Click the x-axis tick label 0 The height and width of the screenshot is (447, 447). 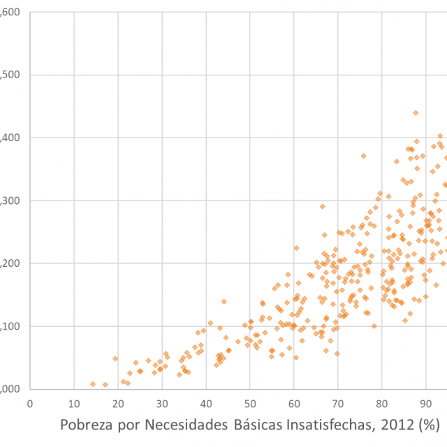point(30,404)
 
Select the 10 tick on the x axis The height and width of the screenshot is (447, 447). point(74,404)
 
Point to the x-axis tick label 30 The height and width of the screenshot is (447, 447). point(162,404)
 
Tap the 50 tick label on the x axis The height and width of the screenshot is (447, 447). point(250,404)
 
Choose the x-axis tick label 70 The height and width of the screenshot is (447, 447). point(338,404)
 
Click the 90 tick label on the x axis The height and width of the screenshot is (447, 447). point(425,404)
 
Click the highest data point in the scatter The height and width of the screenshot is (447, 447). point(416,112)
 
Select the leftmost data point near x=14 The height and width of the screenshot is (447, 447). point(93,384)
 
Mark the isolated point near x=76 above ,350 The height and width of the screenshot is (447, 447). point(363,156)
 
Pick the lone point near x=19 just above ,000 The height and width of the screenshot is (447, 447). point(115,359)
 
